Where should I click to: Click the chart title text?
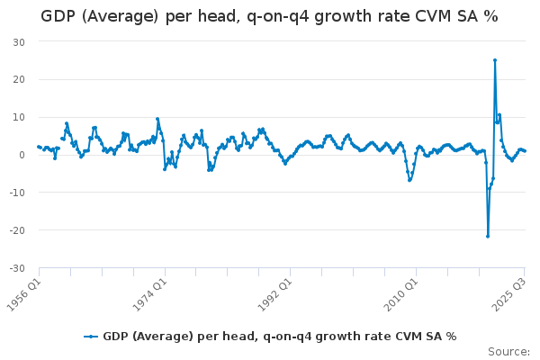pyautogui.click(x=269, y=16)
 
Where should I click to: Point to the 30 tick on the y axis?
pyautogui.click(x=19, y=42)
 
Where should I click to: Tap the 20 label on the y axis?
pyautogui.click(x=19, y=79)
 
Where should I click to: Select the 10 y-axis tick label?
pyautogui.click(x=19, y=117)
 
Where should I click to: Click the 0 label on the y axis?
pyautogui.click(x=22, y=155)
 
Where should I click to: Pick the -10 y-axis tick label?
pyautogui.click(x=17, y=193)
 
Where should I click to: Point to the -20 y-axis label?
pyautogui.click(x=17, y=230)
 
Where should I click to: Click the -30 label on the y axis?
pyautogui.click(x=17, y=268)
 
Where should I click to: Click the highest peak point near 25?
pyautogui.click(x=495, y=60)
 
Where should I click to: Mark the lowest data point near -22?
pyautogui.click(x=488, y=237)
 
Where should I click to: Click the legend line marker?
pyautogui.click(x=91, y=337)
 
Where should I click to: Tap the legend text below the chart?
pyautogui.click(x=280, y=337)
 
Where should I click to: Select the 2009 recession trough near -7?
pyautogui.click(x=409, y=180)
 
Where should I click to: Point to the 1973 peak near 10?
pyautogui.click(x=157, y=119)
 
